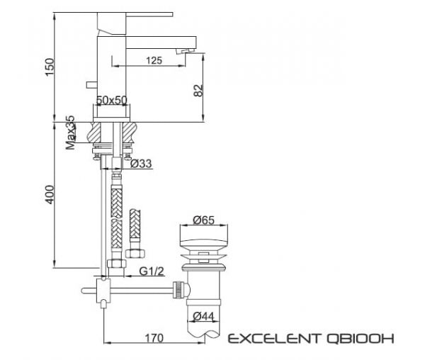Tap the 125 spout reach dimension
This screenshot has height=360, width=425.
click(x=155, y=62)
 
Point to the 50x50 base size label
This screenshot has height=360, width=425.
click(x=112, y=101)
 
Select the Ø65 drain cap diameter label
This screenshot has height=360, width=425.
click(x=203, y=220)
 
